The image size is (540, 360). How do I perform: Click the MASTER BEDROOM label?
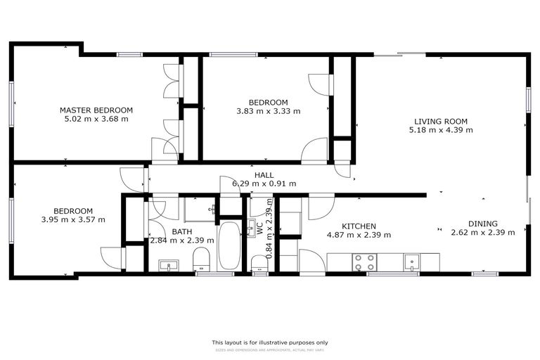96,110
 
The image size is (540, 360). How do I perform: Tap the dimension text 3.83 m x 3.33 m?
267,111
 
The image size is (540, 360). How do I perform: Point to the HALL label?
264,174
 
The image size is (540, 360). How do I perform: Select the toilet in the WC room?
259,262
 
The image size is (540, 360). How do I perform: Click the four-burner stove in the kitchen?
364,262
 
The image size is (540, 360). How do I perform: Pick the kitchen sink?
413,262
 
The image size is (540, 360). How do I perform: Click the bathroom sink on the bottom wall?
167,265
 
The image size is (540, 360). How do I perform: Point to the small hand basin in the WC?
251,229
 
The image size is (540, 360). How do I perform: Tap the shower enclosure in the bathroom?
200,210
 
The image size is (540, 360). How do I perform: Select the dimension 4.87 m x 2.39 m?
359,235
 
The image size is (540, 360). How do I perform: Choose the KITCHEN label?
359,226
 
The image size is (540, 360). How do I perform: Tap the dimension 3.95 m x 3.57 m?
73,219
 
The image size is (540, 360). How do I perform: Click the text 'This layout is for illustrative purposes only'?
270,342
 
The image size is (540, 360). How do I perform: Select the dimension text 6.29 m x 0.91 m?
264,184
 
